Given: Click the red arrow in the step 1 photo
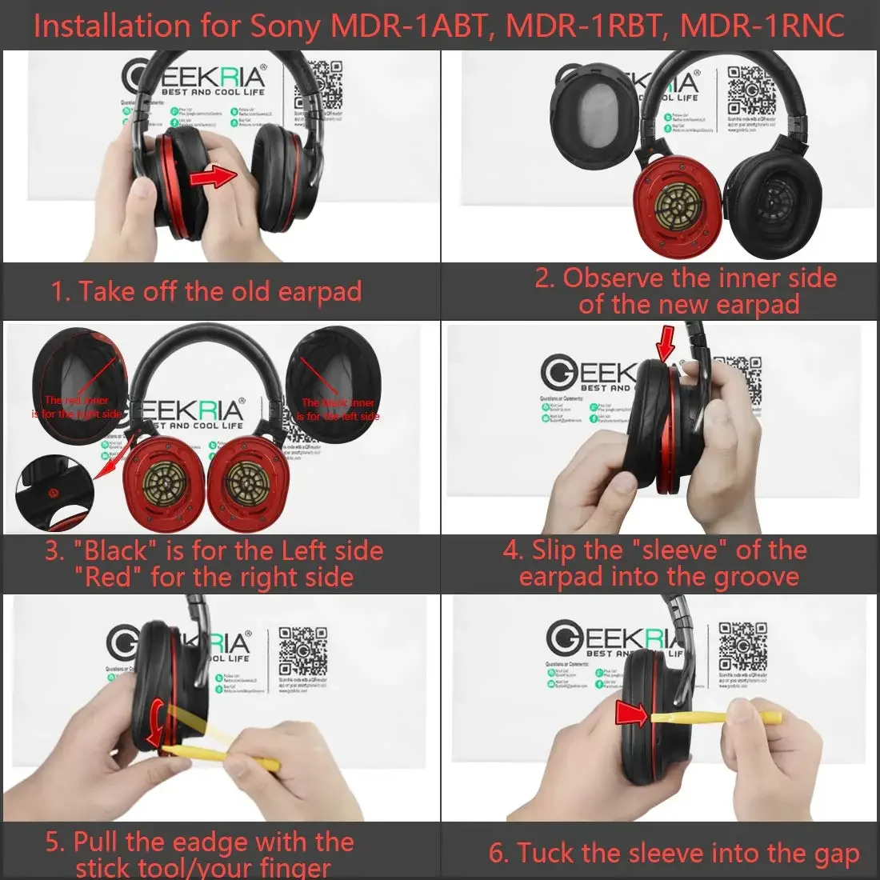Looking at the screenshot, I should [x=217, y=174].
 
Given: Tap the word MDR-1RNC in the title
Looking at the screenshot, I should [x=762, y=26].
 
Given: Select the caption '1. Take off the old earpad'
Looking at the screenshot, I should [x=206, y=291].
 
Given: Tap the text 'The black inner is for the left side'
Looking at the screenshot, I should [x=338, y=410].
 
